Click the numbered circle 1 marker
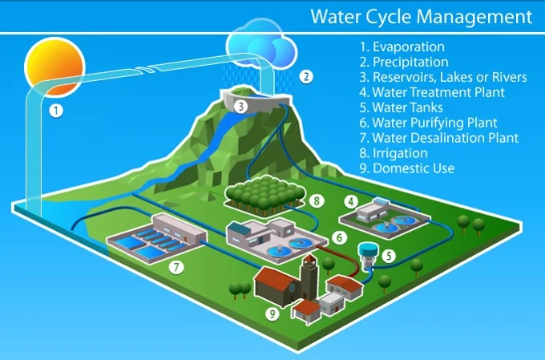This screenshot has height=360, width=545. [x=56, y=111]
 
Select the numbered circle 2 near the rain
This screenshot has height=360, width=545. [x=306, y=76]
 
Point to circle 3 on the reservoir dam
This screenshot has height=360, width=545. [x=240, y=107]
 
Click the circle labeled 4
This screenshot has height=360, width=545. [x=351, y=201]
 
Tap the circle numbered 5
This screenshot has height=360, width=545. [x=389, y=256]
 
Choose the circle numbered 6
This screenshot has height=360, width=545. [x=339, y=237]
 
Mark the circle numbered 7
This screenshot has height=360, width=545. [x=176, y=267]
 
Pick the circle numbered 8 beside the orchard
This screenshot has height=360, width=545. [x=317, y=200]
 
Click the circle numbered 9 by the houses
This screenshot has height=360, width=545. [x=272, y=314]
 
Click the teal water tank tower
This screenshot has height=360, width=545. [x=368, y=256]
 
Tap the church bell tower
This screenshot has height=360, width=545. [x=309, y=277]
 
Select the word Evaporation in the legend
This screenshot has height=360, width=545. [x=409, y=47]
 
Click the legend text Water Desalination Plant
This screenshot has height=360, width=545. [x=446, y=138]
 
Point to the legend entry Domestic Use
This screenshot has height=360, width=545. [x=414, y=168]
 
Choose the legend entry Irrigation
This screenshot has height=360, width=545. [x=400, y=153]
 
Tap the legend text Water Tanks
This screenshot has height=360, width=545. [x=407, y=107]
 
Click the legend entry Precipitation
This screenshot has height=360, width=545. [x=410, y=62]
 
